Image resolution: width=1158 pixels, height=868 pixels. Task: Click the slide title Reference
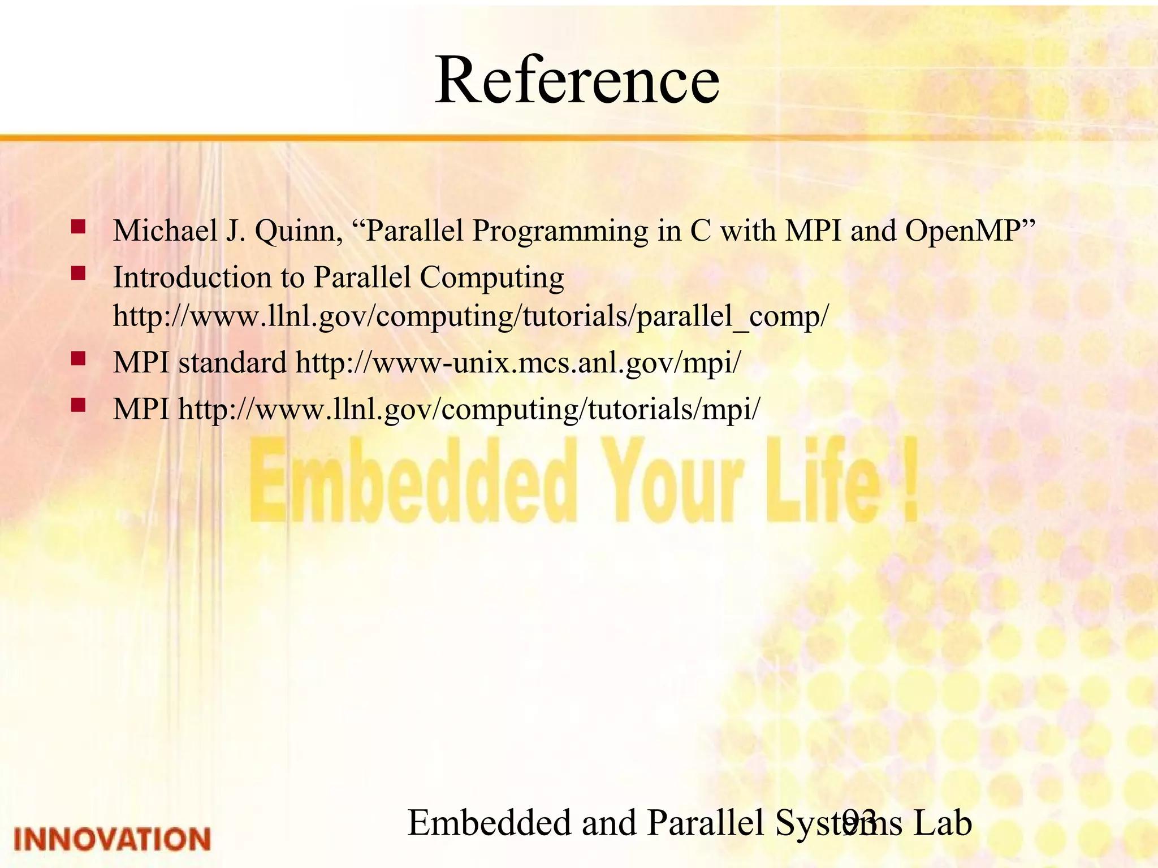[x=577, y=81]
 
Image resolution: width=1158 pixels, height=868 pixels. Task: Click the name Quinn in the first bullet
[x=299, y=231]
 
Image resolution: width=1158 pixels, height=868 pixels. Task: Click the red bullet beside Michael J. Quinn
[x=78, y=227]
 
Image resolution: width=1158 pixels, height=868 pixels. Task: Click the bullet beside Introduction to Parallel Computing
[x=78, y=274]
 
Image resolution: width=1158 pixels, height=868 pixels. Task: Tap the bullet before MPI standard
[x=78, y=358]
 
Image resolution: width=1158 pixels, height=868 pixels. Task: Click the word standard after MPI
[x=232, y=362]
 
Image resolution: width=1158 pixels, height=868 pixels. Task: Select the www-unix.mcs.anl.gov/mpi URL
[x=518, y=362]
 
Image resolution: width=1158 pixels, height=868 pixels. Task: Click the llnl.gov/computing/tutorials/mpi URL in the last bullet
[x=469, y=409]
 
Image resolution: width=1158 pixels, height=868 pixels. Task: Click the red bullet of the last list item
[x=78, y=405]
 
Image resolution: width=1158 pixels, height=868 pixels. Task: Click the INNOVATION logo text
[x=112, y=839]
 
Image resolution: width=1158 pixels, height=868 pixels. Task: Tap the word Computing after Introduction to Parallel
[x=491, y=277]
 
